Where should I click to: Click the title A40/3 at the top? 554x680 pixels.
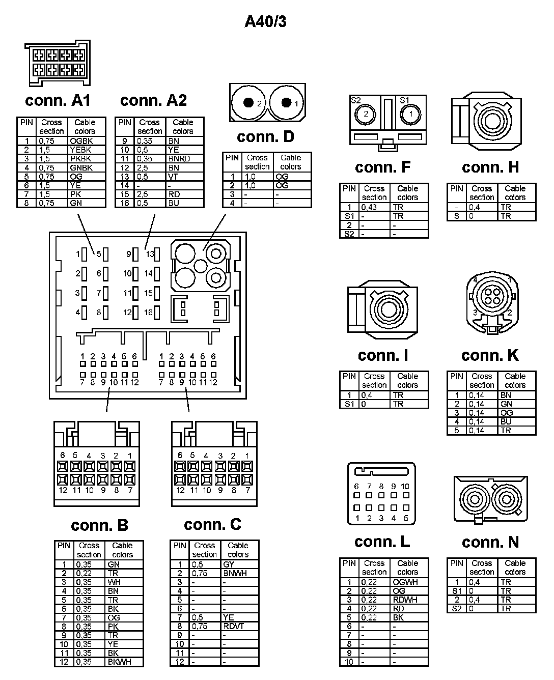click(x=265, y=21)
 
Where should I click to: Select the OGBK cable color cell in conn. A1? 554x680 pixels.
click(x=81, y=140)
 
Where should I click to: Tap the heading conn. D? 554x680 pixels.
click(x=265, y=137)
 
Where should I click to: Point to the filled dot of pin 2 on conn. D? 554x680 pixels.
click(x=248, y=103)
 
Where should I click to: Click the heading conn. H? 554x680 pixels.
click(x=490, y=167)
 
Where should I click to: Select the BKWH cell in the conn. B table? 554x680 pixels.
click(x=120, y=662)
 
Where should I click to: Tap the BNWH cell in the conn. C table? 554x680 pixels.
click(x=235, y=573)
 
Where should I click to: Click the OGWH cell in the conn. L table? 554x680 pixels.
click(x=405, y=582)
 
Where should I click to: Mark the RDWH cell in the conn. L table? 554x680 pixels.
click(x=405, y=600)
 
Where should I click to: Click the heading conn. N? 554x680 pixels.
click(x=490, y=542)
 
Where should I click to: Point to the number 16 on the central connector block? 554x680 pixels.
click(x=148, y=312)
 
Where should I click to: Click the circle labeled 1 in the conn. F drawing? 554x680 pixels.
click(x=411, y=114)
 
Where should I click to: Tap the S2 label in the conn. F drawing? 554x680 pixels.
click(x=355, y=100)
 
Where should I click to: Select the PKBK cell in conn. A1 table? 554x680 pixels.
click(x=81, y=158)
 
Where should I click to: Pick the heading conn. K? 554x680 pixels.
click(x=490, y=355)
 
